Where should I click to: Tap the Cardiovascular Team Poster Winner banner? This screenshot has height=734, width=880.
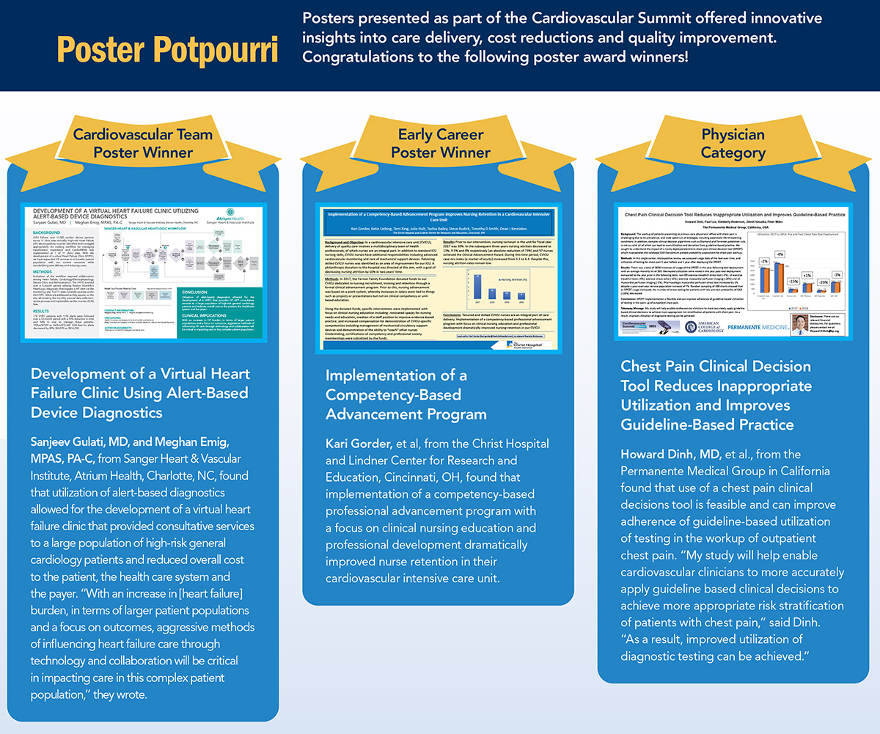(x=142, y=144)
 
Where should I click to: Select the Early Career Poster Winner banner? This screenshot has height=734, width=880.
(x=440, y=144)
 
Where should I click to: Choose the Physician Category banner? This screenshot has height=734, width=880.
(x=733, y=144)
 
